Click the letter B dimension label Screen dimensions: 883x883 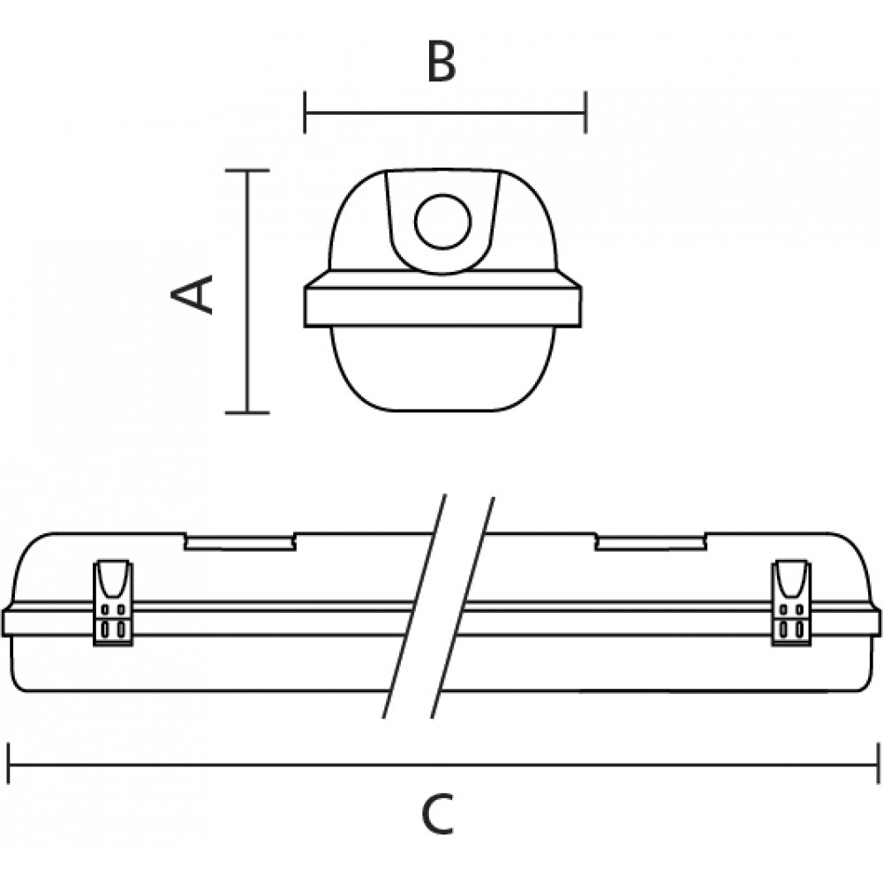click(441, 62)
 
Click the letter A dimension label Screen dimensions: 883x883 click(192, 294)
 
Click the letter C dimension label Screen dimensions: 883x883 click(438, 814)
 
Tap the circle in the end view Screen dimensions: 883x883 click(442, 222)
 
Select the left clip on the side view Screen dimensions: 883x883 click(113, 602)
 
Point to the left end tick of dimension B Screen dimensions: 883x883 click(305, 112)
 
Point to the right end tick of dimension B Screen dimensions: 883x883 click(585, 112)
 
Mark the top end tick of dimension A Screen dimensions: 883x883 click(247, 170)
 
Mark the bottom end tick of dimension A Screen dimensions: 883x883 click(247, 412)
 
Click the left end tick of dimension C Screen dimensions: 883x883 click(9, 764)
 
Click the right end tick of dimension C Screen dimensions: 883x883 click(878, 764)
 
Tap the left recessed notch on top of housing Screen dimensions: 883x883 click(240, 541)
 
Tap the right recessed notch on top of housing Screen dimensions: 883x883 click(651, 541)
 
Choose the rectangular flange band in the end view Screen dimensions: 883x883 click(442, 307)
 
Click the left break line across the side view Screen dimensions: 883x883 click(414, 607)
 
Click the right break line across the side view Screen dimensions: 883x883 click(463, 607)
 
